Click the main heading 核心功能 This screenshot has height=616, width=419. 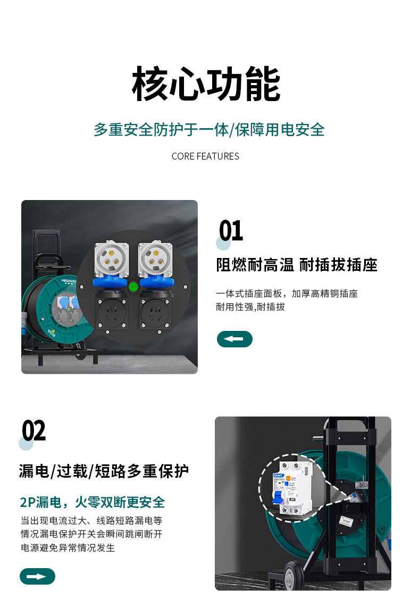coord(206,84)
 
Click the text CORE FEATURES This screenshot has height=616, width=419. coord(205,156)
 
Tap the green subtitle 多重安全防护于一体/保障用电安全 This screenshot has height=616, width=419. coord(209,130)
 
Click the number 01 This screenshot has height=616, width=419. coord(231,231)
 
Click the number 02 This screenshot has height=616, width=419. coord(34,430)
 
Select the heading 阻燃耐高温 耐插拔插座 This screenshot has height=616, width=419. coord(297,265)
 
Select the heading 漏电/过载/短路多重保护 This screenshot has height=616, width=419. coord(104,471)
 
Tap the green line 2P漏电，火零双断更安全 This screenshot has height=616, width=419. coord(93,502)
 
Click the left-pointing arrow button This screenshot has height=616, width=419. coord(234,339)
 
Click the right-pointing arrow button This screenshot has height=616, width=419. coord(37,576)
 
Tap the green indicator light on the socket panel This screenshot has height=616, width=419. coord(133,287)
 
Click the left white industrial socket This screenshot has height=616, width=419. coord(112,259)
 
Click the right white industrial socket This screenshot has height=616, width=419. coord(155,259)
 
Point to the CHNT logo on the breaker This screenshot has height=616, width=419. coord(279,476)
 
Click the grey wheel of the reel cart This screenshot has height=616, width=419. coord(291,576)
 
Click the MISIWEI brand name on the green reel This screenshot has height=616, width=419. coord(68,281)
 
